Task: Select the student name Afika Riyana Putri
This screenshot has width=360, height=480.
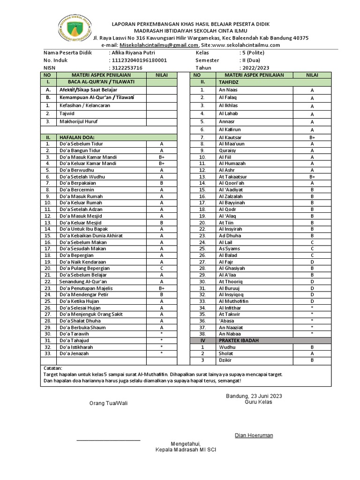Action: [x=132, y=53]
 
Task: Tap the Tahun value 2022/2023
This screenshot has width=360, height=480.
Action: [x=255, y=67]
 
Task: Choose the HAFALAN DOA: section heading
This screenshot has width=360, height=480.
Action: [x=76, y=137]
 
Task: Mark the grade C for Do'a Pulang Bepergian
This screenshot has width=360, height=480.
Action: [x=161, y=268]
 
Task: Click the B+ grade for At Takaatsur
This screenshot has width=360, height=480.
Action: [x=312, y=176]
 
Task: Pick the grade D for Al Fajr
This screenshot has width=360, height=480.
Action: [x=312, y=262]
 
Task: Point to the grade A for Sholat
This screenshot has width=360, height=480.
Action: [x=312, y=353]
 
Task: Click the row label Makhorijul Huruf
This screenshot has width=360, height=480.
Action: [x=79, y=121]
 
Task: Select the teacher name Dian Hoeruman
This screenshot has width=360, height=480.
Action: [x=254, y=435]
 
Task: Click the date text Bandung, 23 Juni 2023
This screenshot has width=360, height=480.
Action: [x=254, y=396]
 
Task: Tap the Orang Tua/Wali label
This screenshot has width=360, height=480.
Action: [x=108, y=403]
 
